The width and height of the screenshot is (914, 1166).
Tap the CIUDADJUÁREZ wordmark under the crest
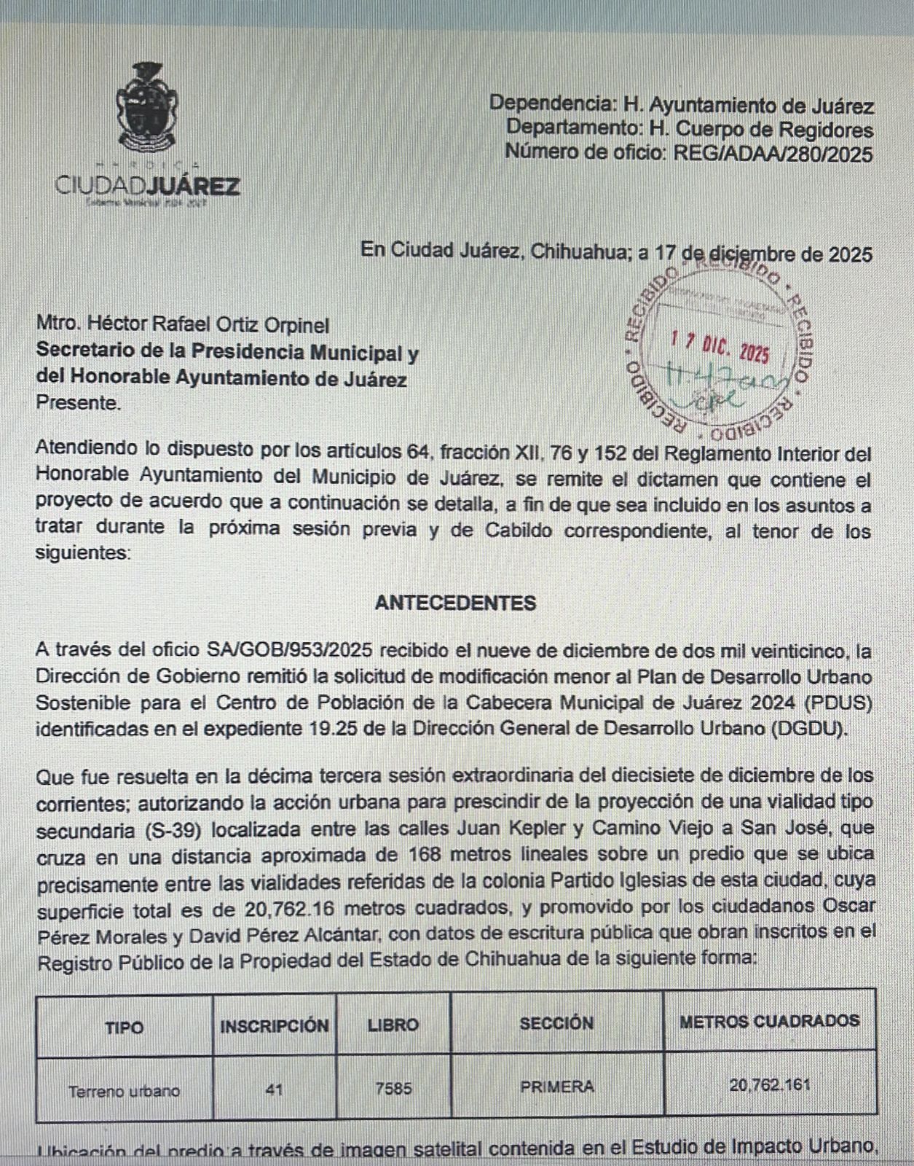[x=148, y=186]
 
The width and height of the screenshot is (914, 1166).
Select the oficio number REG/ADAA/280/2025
[x=773, y=154]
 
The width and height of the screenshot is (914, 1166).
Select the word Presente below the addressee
[x=79, y=402]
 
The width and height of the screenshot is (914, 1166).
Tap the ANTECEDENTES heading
[x=456, y=603]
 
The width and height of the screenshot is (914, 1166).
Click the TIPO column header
[x=125, y=1027]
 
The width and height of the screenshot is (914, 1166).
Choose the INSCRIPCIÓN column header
[x=275, y=1025]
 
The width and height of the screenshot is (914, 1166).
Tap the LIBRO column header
[x=393, y=1025]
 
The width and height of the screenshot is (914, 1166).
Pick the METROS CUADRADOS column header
[x=769, y=1021]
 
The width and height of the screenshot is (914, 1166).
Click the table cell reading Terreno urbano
[x=125, y=1091]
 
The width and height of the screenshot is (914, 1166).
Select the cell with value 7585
[x=393, y=1089]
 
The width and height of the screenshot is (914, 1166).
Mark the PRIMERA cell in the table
[x=557, y=1087]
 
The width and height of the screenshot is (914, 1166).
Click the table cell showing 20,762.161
[x=770, y=1085]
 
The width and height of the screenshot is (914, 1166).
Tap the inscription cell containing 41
[x=275, y=1091]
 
